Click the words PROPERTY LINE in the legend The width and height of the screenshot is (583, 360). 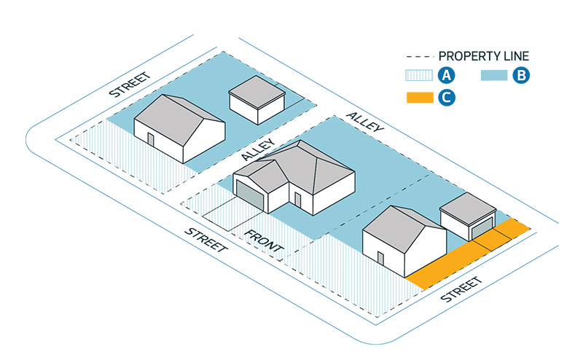pyautogui.click(x=483, y=56)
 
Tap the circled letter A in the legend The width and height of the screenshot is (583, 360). pyautogui.click(x=446, y=75)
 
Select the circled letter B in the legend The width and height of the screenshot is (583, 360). pyautogui.click(x=520, y=75)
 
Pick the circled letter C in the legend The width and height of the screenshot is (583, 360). pyautogui.click(x=446, y=98)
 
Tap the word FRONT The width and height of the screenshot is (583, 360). pyautogui.click(x=264, y=241)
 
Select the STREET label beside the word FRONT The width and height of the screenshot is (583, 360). pyautogui.click(x=206, y=240)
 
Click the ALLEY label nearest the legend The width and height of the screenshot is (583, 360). pyautogui.click(x=365, y=122)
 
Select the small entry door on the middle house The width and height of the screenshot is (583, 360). pyautogui.click(x=297, y=200)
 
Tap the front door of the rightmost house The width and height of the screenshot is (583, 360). pyautogui.click(x=380, y=259)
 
